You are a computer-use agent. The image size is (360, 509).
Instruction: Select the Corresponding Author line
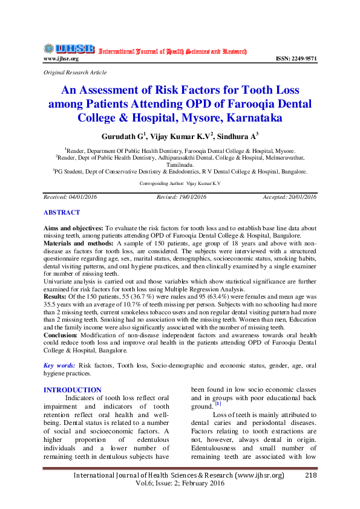tap(180, 183)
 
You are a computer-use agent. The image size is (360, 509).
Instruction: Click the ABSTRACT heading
tap(61, 213)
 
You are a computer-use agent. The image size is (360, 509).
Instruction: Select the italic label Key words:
tap(59, 366)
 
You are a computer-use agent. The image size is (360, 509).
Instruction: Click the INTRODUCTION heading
tap(73, 390)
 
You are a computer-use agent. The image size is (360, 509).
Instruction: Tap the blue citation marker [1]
tap(218, 404)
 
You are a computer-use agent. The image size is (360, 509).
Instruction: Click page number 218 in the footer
tap(311, 476)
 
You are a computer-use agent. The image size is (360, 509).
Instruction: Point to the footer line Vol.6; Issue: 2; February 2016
tap(180, 484)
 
